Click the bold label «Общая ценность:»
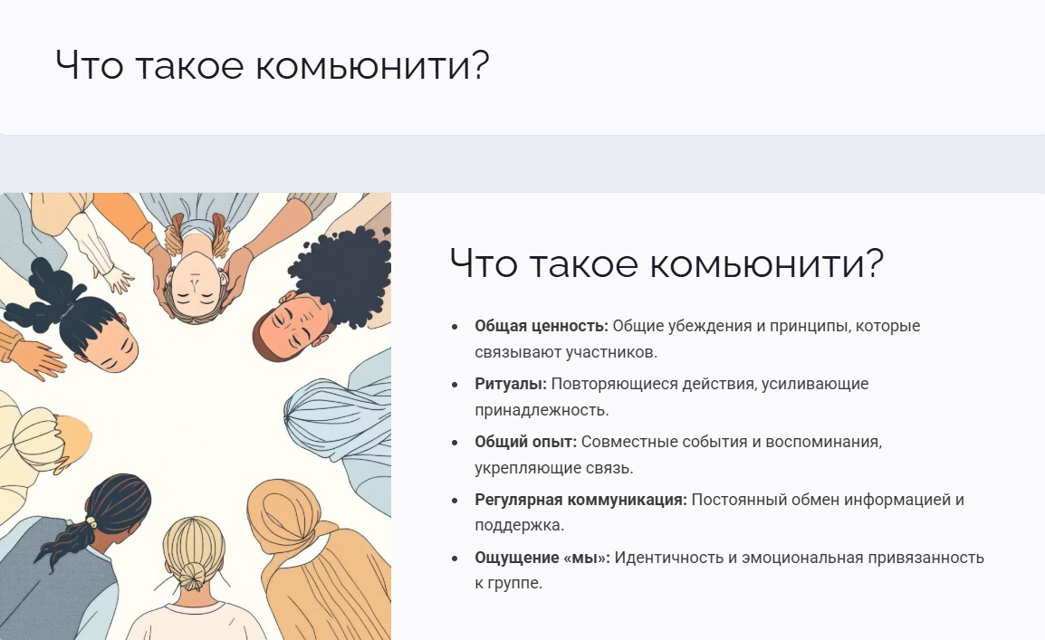[x=542, y=326]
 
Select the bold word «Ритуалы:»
[x=511, y=384]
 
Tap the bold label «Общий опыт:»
[x=526, y=442]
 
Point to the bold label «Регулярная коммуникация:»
[x=580, y=501]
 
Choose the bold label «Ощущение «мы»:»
[x=542, y=559]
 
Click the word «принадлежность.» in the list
[x=542, y=410]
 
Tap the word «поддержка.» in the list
[x=519, y=525]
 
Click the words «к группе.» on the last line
[x=509, y=583]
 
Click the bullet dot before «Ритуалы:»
[x=455, y=385]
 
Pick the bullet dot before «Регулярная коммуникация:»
[x=455, y=501]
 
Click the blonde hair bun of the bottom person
[x=193, y=576]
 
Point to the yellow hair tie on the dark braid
[x=91, y=523]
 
